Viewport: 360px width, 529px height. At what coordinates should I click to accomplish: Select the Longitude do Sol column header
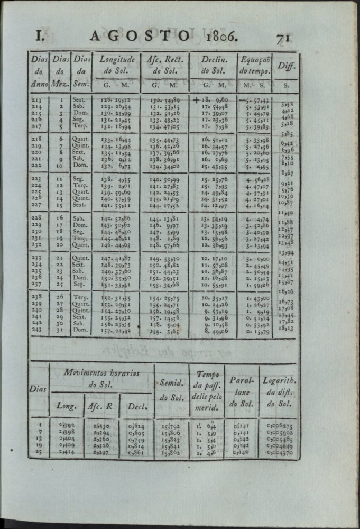(117, 65)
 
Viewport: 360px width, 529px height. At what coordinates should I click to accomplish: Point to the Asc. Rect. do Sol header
(164, 65)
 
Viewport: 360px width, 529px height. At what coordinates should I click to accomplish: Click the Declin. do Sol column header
(214, 65)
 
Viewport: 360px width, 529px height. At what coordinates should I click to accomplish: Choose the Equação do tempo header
(255, 65)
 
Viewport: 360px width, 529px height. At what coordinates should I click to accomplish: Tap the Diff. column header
(287, 67)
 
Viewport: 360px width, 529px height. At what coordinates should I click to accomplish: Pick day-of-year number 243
(37, 329)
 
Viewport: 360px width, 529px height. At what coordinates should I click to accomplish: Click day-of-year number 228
(37, 217)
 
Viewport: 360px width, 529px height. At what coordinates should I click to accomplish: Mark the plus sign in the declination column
(198, 99)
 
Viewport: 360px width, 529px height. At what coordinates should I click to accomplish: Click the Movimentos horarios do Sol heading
(101, 378)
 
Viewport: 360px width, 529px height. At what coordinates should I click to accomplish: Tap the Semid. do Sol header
(171, 388)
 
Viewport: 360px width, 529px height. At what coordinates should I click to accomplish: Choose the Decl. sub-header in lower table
(136, 407)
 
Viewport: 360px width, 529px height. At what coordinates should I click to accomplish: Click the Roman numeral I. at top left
(38, 36)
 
